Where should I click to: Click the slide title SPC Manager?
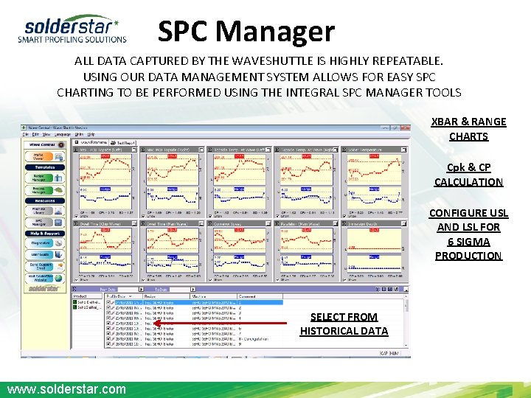pyautogui.click(x=246, y=31)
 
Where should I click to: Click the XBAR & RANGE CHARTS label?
pyautogui.click(x=468, y=129)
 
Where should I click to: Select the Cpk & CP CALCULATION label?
pyautogui.click(x=468, y=175)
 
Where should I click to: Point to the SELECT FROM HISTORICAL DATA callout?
pyautogui.click(x=344, y=324)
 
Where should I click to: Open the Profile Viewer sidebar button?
pyautogui.click(x=45, y=156)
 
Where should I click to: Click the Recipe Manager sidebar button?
pyautogui.click(x=45, y=178)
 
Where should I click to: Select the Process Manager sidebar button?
pyautogui.click(x=45, y=189)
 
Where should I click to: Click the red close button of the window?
pyautogui.click(x=406, y=128)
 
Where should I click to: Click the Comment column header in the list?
pyautogui.click(x=247, y=296)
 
